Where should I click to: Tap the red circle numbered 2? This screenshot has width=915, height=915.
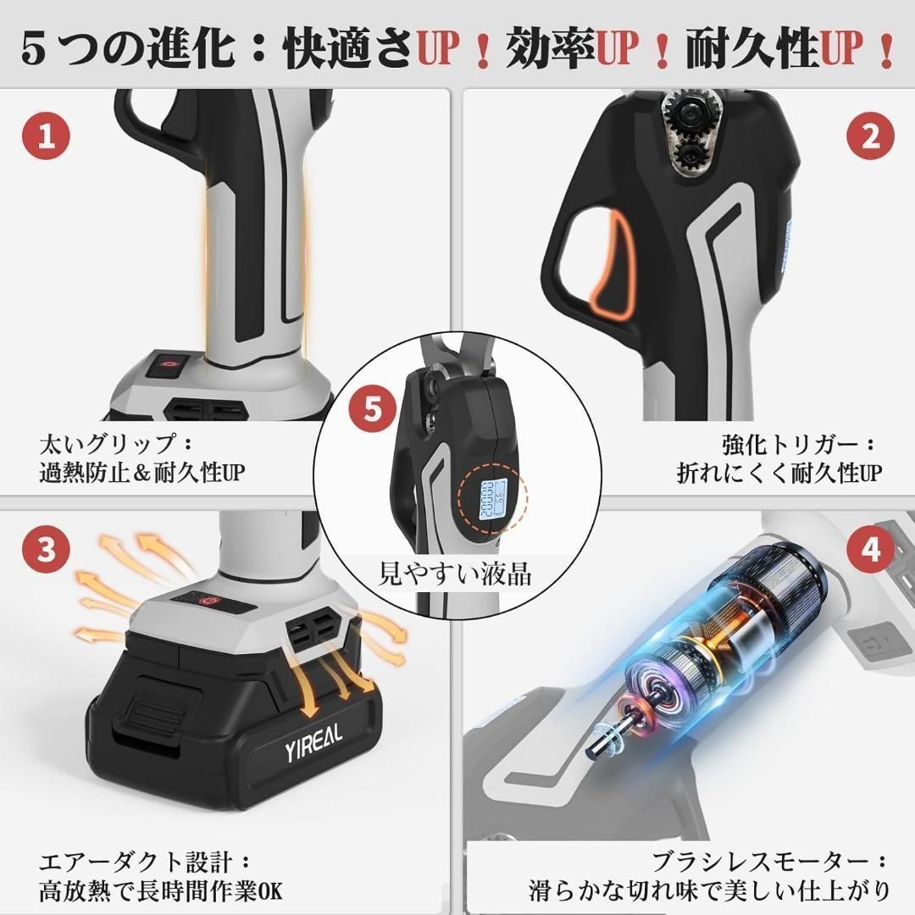coord(871,136)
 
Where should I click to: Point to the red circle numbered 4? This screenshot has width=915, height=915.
coord(871,550)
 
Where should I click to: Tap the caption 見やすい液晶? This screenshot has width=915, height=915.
coord(455,574)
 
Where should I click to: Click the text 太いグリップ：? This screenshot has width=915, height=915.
coord(117,445)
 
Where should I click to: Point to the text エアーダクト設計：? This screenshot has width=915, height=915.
coord(145,862)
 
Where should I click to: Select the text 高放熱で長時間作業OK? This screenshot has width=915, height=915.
coord(161,890)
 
